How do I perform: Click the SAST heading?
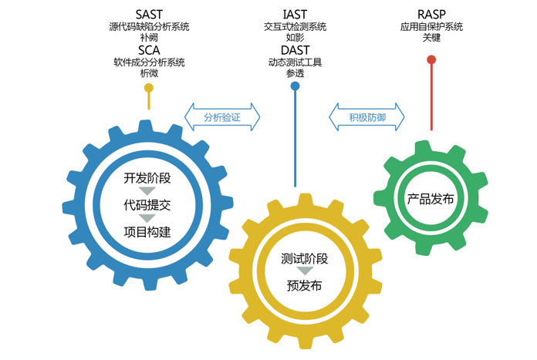149,14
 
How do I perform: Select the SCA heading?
149,49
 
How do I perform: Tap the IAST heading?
295,14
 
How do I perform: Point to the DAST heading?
295,49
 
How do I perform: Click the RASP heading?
431,14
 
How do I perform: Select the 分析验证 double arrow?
222,118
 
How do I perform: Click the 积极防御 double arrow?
366,118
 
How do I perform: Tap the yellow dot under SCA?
149,88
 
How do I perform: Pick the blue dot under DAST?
295,86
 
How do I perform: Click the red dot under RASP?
431,59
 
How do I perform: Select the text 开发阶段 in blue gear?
147,178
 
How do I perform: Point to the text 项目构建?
147,231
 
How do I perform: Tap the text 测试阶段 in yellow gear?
305,259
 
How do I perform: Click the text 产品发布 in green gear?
431,198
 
